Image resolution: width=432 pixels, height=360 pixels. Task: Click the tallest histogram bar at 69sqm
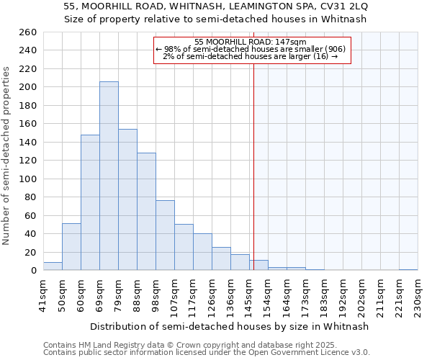pyautogui.click(x=109, y=176)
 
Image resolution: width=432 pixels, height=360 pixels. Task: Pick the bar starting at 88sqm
pyautogui.click(x=146, y=212)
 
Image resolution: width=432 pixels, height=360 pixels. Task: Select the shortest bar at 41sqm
pyautogui.click(x=53, y=266)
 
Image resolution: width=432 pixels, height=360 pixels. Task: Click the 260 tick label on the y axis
pyautogui.click(x=27, y=32)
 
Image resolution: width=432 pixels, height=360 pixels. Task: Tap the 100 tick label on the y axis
pyautogui.click(x=27, y=179)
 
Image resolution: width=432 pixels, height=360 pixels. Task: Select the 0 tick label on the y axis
pyautogui.click(x=33, y=271)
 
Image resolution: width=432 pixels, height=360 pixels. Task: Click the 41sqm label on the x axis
pyautogui.click(x=44, y=294)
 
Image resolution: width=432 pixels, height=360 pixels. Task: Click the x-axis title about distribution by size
pyautogui.click(x=230, y=326)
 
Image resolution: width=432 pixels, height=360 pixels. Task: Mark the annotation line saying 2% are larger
pyautogui.click(x=251, y=56)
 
